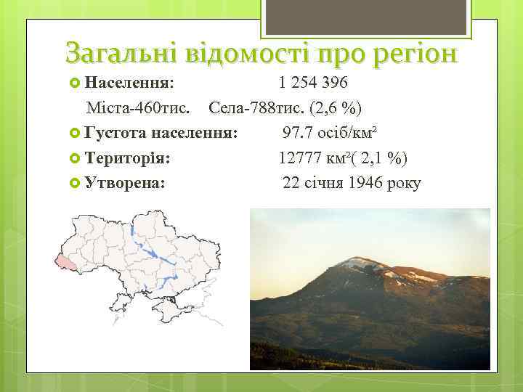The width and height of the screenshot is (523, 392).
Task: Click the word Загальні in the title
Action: tap(120, 53)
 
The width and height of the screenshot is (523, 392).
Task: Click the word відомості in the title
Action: tap(246, 53)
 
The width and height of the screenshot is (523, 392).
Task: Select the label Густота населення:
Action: tap(161, 134)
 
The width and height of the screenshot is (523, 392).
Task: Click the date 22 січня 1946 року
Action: tap(352, 183)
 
